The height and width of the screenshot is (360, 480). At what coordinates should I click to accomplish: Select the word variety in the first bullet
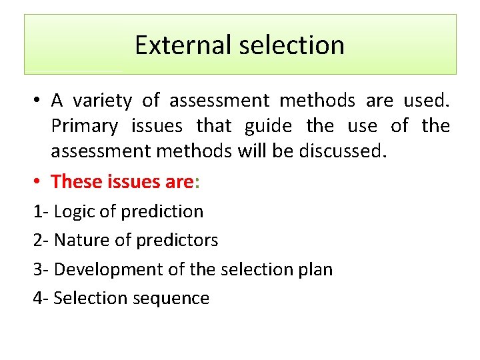(102, 101)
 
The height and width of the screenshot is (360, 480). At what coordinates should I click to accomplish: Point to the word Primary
(84, 126)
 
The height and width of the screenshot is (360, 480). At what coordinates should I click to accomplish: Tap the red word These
(75, 181)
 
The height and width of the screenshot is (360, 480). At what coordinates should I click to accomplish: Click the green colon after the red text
(198, 181)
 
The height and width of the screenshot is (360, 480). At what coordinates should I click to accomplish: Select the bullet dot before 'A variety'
(39, 101)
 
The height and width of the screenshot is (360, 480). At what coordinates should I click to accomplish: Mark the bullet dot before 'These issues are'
(39, 181)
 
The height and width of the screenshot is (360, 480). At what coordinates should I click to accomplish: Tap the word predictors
(182, 240)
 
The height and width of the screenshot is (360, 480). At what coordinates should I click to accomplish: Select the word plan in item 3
(315, 269)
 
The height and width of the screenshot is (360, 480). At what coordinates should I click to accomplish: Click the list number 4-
(41, 298)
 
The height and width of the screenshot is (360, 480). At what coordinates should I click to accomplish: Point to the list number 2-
(41, 240)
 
